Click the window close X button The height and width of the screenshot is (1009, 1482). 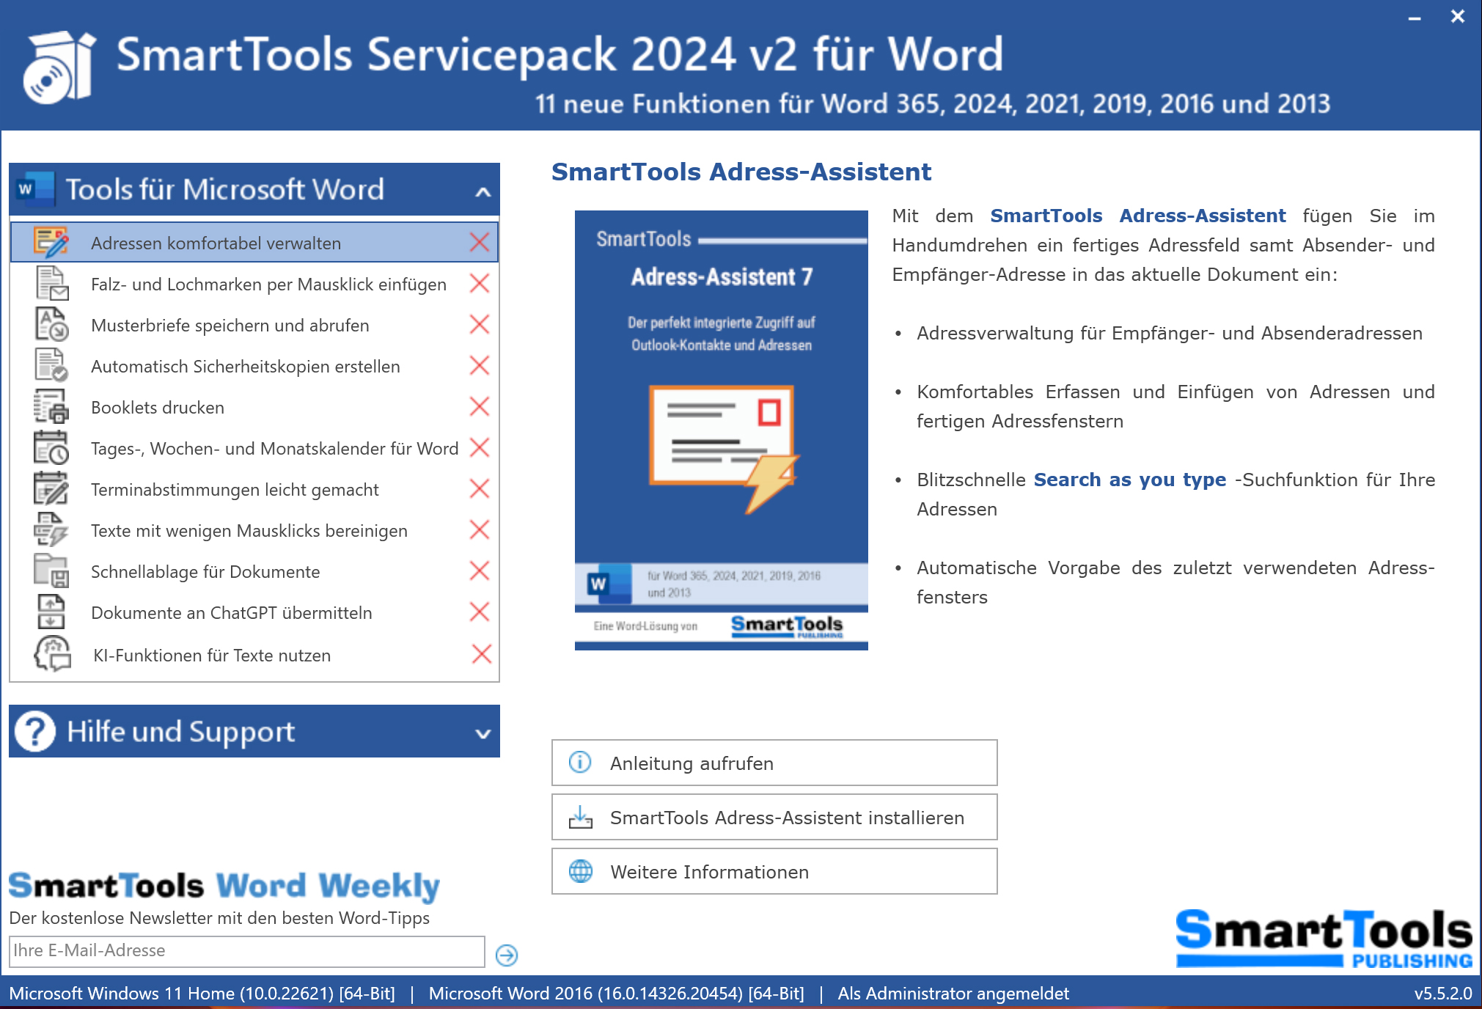click(x=1457, y=16)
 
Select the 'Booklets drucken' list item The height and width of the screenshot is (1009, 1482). click(x=158, y=407)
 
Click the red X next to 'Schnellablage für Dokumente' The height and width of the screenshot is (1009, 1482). click(x=480, y=570)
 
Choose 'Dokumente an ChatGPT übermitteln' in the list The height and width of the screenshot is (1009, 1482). click(x=232, y=612)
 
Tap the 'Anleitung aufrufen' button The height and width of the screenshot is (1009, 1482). click(x=774, y=763)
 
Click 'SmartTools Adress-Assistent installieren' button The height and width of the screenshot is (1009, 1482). click(x=774, y=817)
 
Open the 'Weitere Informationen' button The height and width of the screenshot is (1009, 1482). click(x=774, y=871)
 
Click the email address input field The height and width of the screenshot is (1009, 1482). click(x=247, y=951)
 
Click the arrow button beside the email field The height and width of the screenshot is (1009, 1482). click(x=507, y=955)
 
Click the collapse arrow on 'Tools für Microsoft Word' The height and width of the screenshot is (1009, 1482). click(x=483, y=192)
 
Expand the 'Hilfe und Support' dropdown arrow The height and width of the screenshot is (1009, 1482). click(x=483, y=733)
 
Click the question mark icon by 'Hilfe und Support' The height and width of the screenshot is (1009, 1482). click(x=35, y=731)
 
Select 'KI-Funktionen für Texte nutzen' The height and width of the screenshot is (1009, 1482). click(x=212, y=655)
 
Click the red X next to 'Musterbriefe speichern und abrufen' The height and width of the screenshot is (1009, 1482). click(x=480, y=324)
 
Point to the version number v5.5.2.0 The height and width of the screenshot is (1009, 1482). click(x=1443, y=994)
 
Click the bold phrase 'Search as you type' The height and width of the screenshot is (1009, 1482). click(x=1130, y=480)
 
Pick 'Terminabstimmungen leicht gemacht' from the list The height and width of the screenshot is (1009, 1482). click(x=235, y=489)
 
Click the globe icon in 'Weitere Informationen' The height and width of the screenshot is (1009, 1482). click(x=581, y=871)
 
